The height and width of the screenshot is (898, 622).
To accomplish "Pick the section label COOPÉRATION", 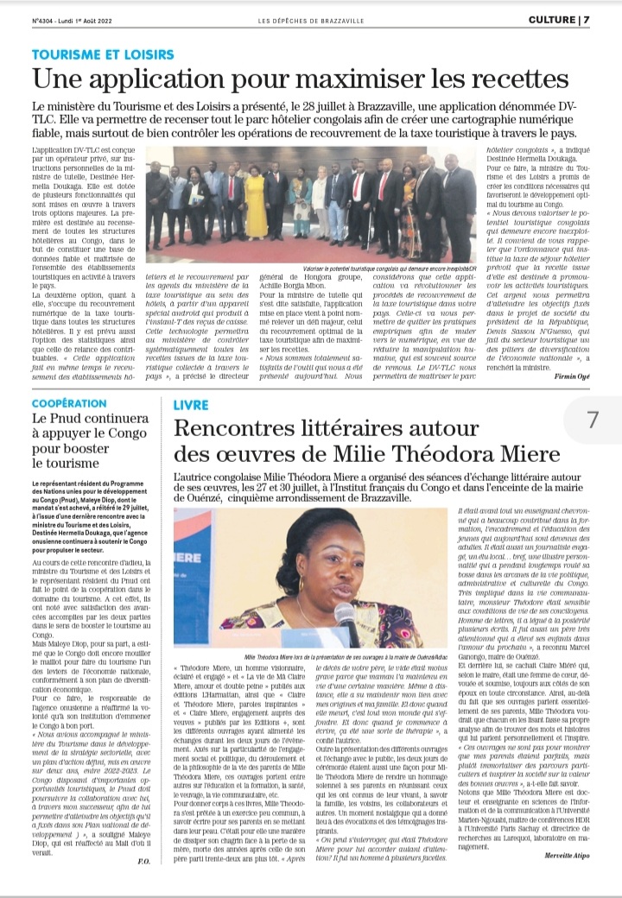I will (70, 404).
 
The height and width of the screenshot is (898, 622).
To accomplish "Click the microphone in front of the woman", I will (346, 619).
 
